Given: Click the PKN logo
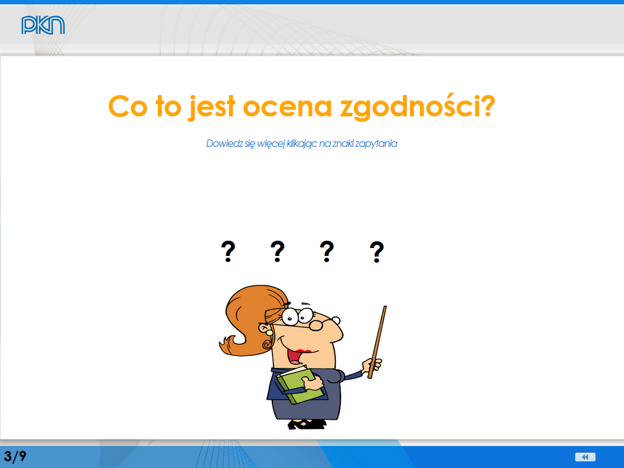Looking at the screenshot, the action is (43, 25).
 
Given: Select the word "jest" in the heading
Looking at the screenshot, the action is (211, 107).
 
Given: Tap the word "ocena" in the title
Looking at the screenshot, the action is (288, 107).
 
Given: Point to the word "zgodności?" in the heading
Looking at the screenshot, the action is (417, 107).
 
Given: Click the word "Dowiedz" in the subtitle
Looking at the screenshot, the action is (224, 143).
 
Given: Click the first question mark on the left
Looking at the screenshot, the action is (228, 252).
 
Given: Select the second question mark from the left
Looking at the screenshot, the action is (277, 252).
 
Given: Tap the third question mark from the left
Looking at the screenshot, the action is (327, 252).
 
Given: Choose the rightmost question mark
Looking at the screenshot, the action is (377, 252).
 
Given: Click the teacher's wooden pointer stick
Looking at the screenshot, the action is (377, 342).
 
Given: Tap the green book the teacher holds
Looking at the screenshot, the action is (300, 385).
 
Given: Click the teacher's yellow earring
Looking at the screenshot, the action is (269, 332).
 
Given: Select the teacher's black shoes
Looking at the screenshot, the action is (307, 424).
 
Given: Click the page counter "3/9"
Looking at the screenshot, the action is (15, 456).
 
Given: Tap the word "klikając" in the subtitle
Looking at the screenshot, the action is (302, 144).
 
